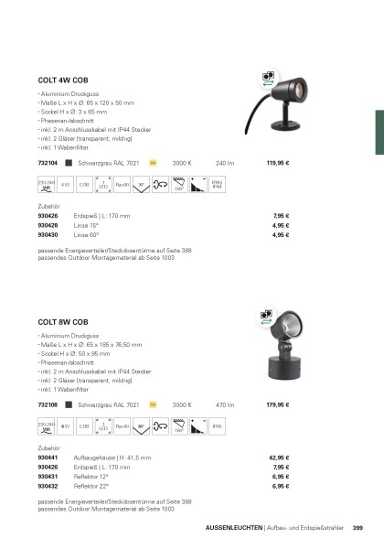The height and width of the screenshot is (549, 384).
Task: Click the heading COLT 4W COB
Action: [62, 80]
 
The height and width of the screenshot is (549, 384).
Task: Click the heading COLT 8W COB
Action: [62, 322]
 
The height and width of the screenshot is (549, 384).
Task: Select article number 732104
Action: [48, 163]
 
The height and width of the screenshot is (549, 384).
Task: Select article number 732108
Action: [48, 404]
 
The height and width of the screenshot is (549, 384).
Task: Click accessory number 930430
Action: [48, 234]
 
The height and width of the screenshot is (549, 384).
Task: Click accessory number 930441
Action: [48, 457]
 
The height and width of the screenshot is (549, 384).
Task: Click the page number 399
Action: [357, 527]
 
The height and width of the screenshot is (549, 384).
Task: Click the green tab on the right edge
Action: [379, 126]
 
